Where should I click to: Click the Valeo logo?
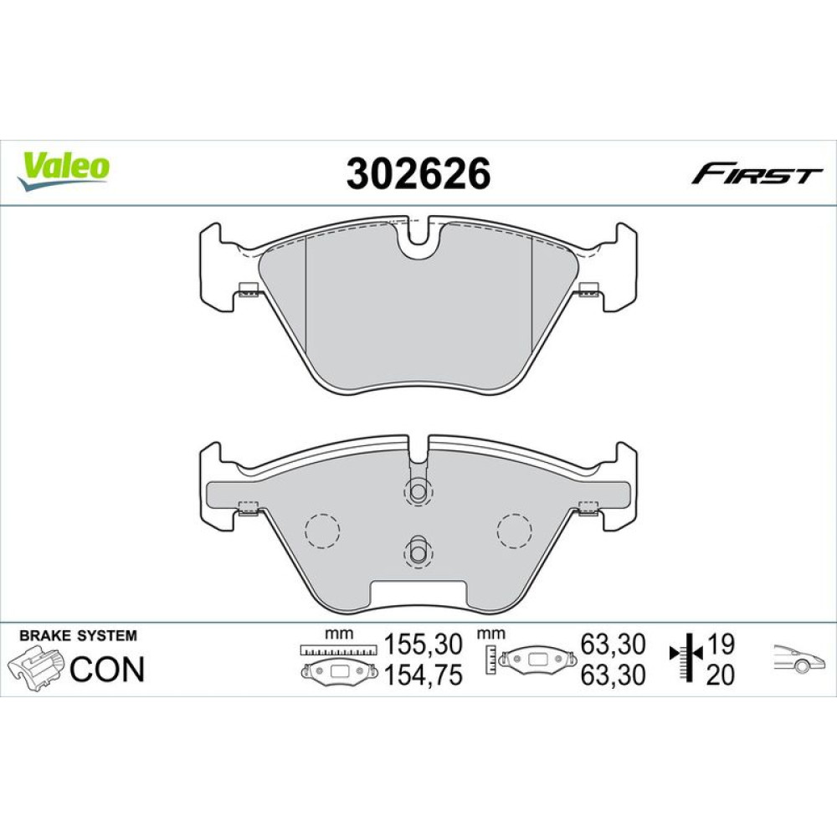pyautogui.click(x=63, y=170)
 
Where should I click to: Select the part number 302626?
pyautogui.click(x=418, y=174)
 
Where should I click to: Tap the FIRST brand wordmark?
pyautogui.click(x=757, y=175)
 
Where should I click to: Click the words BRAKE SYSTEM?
pyautogui.click(x=78, y=636)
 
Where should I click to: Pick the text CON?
pyautogui.click(x=107, y=669)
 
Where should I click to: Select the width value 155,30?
pyautogui.click(x=424, y=644)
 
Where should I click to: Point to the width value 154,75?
pyautogui.click(x=424, y=675)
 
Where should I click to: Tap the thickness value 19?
pyautogui.click(x=720, y=644)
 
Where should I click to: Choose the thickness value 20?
pyautogui.click(x=720, y=675)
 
